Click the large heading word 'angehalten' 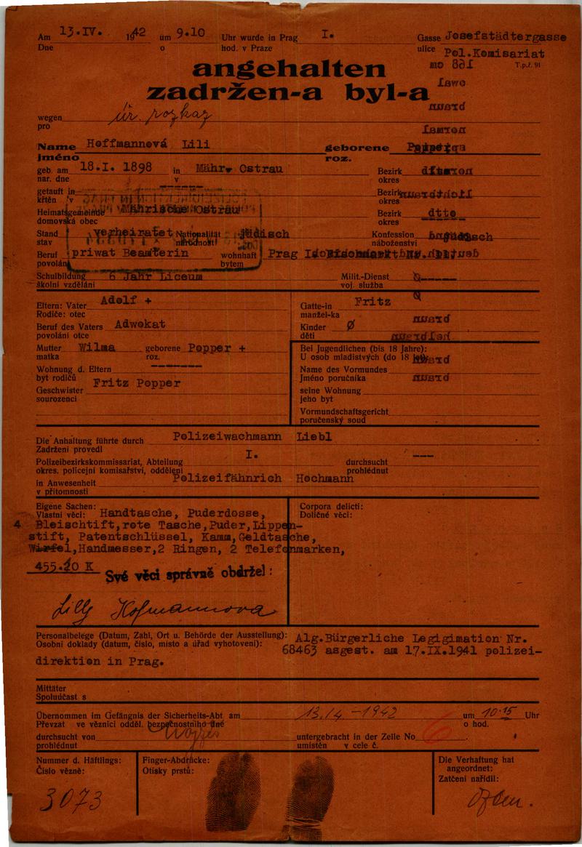coord(289,69)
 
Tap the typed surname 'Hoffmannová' coord(127,144)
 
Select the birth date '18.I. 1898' coord(116,166)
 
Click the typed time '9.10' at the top coord(190,32)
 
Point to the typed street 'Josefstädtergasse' coord(505,36)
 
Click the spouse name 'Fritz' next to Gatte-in coord(372,300)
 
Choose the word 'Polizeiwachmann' coord(223,437)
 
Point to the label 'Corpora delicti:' coord(331,506)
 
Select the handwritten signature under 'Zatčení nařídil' coord(499,803)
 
